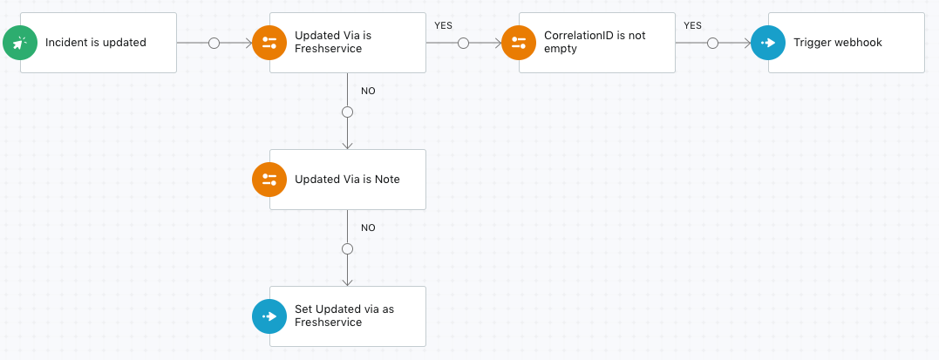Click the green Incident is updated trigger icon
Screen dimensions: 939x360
pos(20,43)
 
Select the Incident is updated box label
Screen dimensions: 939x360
pos(96,43)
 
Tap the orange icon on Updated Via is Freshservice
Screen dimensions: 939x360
pos(269,43)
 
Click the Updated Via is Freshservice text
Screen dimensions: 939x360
pos(333,43)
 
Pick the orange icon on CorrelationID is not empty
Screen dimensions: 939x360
pos(519,43)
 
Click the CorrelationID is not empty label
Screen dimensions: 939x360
pos(595,43)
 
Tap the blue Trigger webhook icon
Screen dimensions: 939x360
pos(768,43)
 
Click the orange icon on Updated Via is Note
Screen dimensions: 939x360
pos(269,179)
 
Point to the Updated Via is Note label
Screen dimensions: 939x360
pos(347,179)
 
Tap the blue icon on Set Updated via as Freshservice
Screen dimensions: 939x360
pos(269,316)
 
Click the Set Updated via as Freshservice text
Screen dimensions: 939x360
pos(344,316)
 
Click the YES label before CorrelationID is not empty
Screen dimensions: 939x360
pos(443,26)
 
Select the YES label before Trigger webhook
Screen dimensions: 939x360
pos(692,26)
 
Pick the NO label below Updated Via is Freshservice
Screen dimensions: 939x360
pos(368,91)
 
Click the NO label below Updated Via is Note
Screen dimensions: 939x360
pos(368,228)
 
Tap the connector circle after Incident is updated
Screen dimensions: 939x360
pos(214,43)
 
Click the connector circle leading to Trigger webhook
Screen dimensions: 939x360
pos(712,43)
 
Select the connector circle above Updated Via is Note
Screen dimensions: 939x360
pos(347,112)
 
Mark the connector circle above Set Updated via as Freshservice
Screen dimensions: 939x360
pos(347,248)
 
